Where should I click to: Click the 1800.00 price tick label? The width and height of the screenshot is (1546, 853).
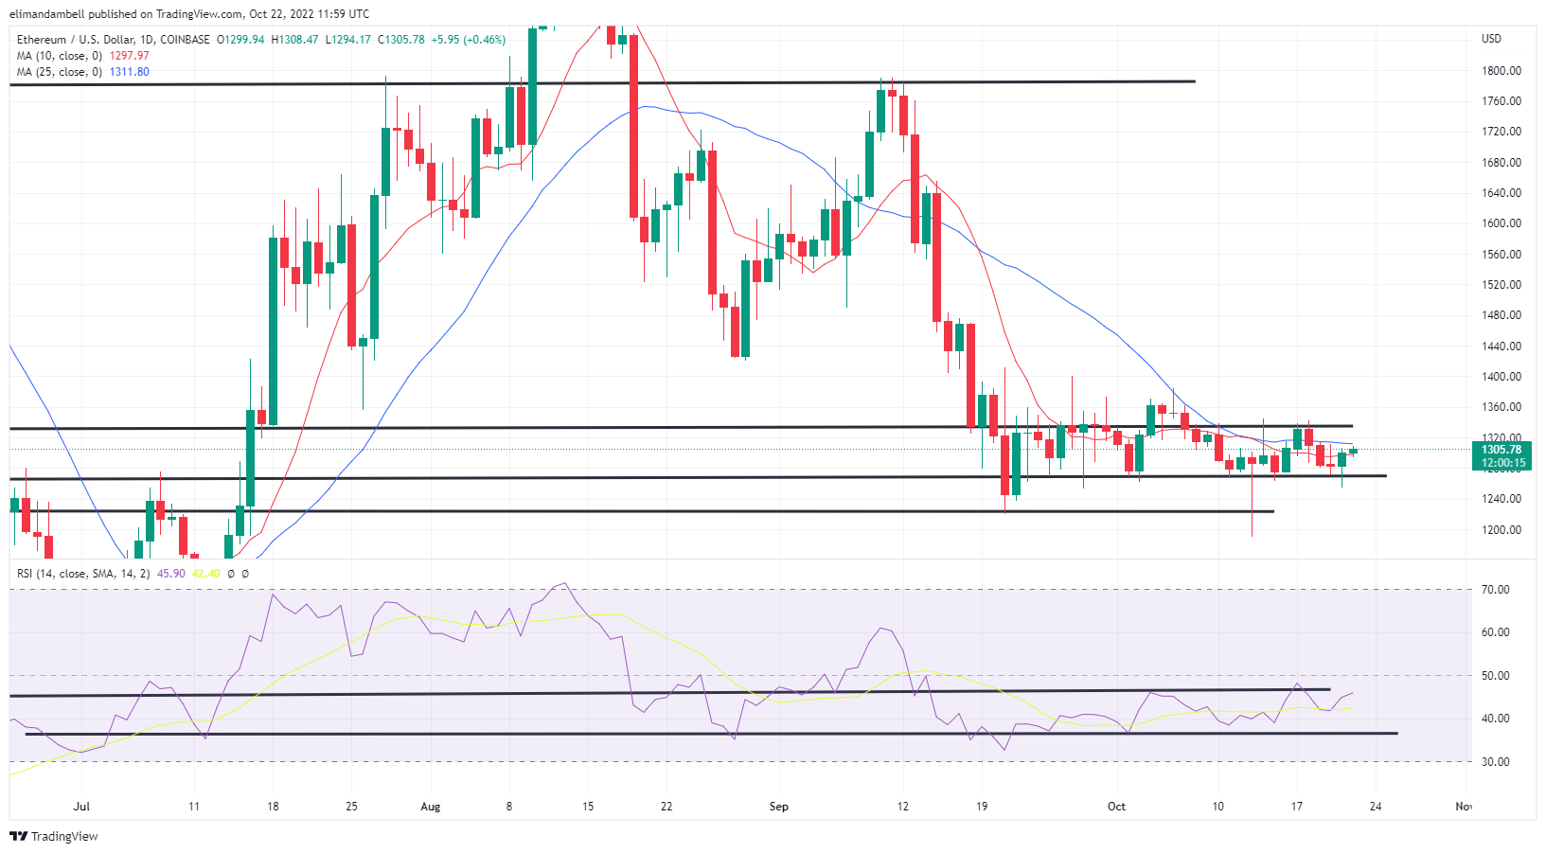(1502, 71)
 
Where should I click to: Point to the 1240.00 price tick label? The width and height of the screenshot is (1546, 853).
(1502, 499)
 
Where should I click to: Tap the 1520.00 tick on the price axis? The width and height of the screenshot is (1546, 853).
(1502, 285)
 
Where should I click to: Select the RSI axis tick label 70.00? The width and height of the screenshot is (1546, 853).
(1496, 590)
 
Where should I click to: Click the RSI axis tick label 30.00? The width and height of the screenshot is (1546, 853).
(1496, 762)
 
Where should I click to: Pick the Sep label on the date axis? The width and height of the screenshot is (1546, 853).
(778, 807)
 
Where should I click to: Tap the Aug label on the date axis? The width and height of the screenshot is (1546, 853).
(431, 807)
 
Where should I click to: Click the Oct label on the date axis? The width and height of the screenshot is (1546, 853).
(1117, 807)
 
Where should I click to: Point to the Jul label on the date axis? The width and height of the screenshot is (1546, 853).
(82, 807)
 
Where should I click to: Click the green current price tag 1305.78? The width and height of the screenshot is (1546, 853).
(1502, 450)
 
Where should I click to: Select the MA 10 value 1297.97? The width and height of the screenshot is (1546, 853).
(130, 56)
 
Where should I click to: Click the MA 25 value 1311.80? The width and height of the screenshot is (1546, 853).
(130, 72)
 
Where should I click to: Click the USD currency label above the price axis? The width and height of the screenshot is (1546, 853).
(1492, 39)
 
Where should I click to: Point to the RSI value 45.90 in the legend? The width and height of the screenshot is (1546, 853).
(171, 574)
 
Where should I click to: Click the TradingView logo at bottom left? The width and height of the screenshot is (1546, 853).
(54, 837)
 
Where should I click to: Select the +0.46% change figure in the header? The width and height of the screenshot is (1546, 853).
(484, 40)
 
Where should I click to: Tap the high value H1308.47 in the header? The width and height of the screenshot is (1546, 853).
(294, 40)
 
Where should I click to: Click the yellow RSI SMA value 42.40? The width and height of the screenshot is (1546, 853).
(205, 574)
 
